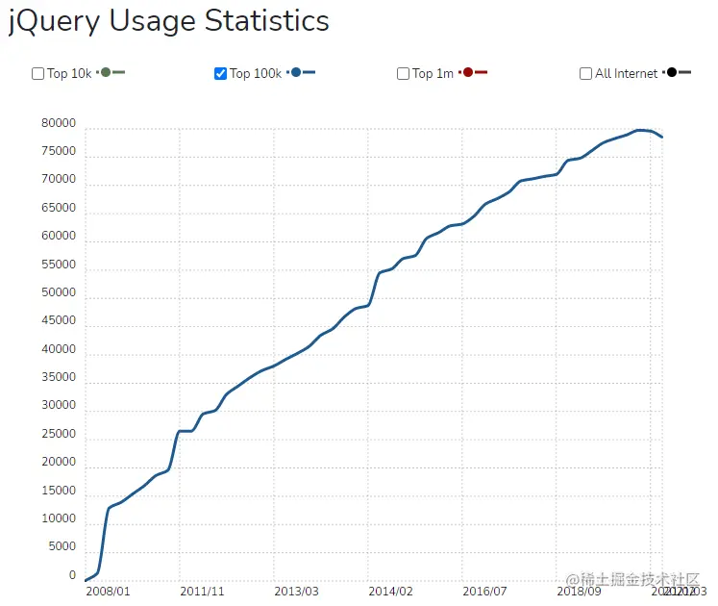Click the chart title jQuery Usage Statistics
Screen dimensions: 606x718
click(169, 21)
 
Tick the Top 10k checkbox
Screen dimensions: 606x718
click(38, 73)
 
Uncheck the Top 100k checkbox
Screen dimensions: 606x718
click(221, 73)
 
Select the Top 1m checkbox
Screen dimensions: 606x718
click(404, 73)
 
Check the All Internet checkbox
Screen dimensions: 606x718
click(586, 73)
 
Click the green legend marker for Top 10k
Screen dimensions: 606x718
click(106, 73)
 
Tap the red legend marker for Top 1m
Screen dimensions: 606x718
click(467, 73)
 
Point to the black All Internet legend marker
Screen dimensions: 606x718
click(671, 73)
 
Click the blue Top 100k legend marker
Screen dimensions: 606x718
click(296, 73)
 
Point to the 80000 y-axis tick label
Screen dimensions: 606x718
click(59, 124)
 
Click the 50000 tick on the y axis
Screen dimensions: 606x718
click(59, 293)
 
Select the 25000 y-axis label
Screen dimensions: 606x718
click(59, 435)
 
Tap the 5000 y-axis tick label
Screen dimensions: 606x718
click(62, 547)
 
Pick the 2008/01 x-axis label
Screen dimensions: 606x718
click(108, 591)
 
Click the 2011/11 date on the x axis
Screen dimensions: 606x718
click(202, 591)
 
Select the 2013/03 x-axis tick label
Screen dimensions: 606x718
click(296, 591)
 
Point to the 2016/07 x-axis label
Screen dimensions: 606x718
click(484, 591)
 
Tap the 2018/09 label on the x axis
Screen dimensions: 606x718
click(579, 591)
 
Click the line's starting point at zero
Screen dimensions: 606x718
click(86, 580)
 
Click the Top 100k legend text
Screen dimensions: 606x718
click(256, 73)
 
